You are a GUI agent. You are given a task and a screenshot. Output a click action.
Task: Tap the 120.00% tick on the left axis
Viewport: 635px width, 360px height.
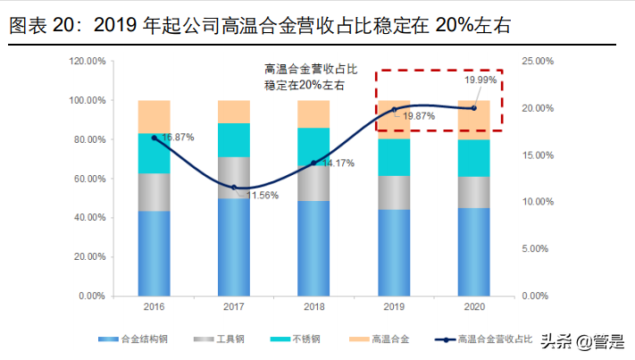(89, 61)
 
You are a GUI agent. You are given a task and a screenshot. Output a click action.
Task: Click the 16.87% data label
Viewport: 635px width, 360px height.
(176, 138)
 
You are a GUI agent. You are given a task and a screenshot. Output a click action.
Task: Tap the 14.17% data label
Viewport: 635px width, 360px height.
(338, 163)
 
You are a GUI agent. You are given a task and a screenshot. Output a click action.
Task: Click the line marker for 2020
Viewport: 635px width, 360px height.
(473, 108)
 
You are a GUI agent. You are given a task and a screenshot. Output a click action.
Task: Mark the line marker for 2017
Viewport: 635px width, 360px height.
(234, 188)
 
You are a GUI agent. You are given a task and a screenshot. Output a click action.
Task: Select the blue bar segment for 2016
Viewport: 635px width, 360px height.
(154, 253)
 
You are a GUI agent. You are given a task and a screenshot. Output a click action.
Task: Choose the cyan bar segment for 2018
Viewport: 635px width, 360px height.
(313, 146)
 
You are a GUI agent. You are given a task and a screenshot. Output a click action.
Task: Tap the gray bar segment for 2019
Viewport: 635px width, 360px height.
(394, 193)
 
